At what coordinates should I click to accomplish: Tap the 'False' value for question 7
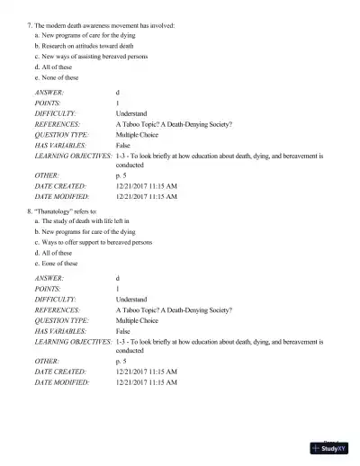pyautogui.click(x=123, y=144)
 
